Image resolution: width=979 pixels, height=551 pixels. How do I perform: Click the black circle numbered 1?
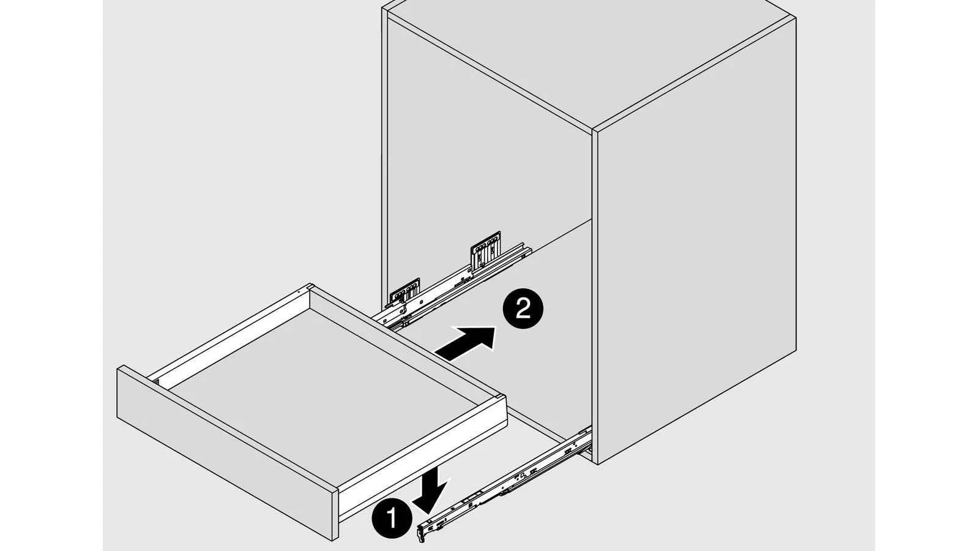tap(392, 518)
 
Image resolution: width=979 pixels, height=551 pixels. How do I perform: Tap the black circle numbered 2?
tap(523, 309)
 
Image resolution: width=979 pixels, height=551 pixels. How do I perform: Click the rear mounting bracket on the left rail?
tap(486, 249)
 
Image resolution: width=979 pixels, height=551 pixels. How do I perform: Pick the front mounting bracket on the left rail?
tap(404, 290)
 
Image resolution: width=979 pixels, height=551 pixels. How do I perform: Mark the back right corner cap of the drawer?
tap(499, 397)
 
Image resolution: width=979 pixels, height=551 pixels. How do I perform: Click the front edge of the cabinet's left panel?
tap(385, 153)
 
